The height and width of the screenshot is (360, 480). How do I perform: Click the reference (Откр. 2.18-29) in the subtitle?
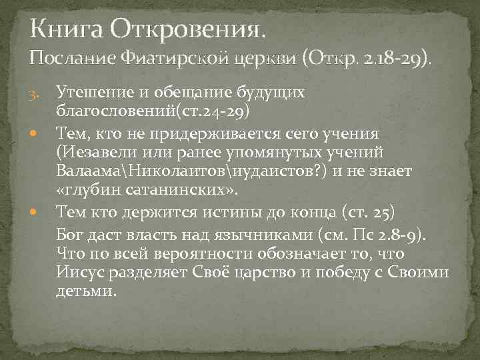point(365,62)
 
